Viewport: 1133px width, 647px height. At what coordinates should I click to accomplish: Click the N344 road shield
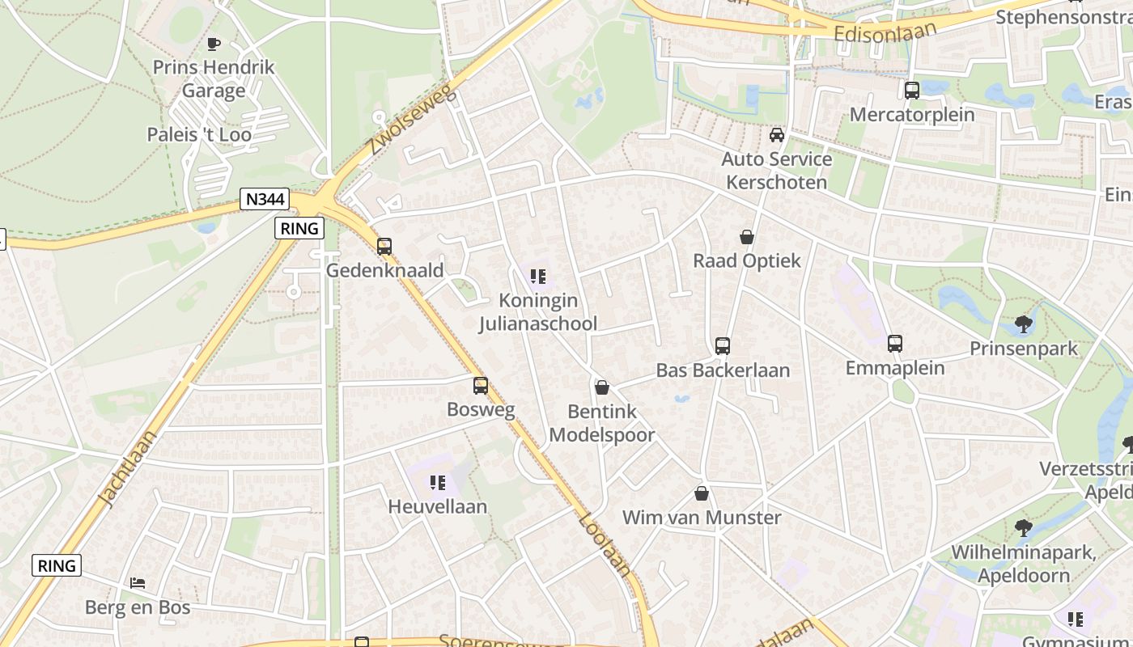(x=265, y=199)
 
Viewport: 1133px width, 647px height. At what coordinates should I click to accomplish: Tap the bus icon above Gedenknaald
(x=384, y=246)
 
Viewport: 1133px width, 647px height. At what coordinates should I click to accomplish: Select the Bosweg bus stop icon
(x=481, y=386)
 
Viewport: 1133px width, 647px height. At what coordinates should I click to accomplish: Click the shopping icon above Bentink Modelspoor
(x=601, y=387)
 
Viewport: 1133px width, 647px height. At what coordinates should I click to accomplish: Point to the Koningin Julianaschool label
(x=538, y=312)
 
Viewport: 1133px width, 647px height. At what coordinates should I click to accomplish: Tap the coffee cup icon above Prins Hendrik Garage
(x=214, y=44)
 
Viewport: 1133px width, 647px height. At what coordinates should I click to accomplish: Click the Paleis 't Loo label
(x=199, y=134)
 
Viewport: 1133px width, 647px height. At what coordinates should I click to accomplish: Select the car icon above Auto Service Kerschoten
(x=777, y=134)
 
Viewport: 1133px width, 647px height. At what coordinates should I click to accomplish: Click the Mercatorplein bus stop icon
(x=912, y=91)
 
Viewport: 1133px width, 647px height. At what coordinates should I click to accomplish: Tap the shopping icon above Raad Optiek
(x=747, y=237)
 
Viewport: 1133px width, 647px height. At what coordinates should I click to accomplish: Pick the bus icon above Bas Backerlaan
(x=723, y=346)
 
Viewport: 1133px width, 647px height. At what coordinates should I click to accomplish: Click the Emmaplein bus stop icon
(x=895, y=344)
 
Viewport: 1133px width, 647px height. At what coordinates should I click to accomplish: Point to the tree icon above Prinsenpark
(x=1024, y=324)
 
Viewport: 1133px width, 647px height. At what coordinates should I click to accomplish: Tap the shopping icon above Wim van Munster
(x=702, y=493)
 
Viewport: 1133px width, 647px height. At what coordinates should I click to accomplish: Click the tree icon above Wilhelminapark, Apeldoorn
(x=1024, y=528)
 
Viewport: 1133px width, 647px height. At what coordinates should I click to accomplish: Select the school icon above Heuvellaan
(x=438, y=483)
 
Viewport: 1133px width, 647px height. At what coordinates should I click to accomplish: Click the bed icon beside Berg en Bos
(x=138, y=582)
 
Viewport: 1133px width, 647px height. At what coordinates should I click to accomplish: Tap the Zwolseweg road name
(x=412, y=121)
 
